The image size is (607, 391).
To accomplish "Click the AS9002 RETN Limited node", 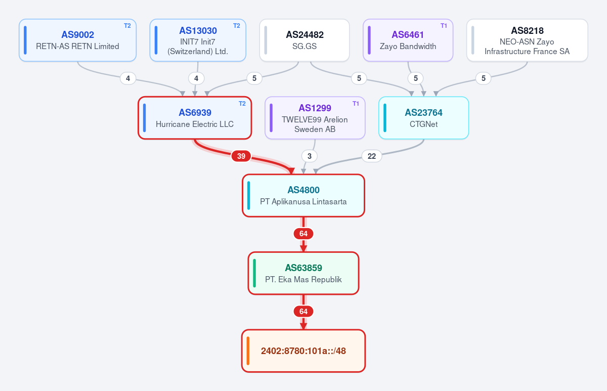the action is tap(77, 40).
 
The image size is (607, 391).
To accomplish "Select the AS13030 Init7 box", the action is tap(198, 40).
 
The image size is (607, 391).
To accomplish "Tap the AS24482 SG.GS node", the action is tap(305, 40).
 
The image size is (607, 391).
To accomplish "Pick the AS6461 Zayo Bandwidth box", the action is tap(408, 40).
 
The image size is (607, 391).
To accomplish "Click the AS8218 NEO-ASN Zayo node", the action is tap(527, 40).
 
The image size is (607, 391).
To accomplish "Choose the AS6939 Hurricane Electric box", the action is tap(195, 118).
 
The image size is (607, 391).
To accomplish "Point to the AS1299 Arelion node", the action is tap(315, 118).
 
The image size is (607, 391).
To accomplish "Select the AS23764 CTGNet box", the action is tap(423, 118).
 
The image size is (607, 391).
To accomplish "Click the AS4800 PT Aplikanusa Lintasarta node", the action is tap(303, 196).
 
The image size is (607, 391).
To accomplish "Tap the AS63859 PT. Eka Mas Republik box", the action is tap(303, 273).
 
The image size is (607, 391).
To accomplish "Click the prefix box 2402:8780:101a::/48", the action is tap(303, 351).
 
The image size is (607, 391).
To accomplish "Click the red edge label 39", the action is tap(241, 156).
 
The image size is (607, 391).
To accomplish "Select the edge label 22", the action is tap(372, 156).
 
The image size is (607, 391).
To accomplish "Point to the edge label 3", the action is tap(310, 156).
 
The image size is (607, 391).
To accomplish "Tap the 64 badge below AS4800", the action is tap(303, 234).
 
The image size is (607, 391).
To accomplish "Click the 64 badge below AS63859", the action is tap(303, 312).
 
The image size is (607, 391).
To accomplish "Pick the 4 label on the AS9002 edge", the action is tap(128, 78).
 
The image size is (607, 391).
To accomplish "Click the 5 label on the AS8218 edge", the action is tap(484, 78).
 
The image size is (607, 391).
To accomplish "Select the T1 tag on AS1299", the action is tap(356, 104).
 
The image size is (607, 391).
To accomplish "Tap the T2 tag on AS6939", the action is tap(242, 104).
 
